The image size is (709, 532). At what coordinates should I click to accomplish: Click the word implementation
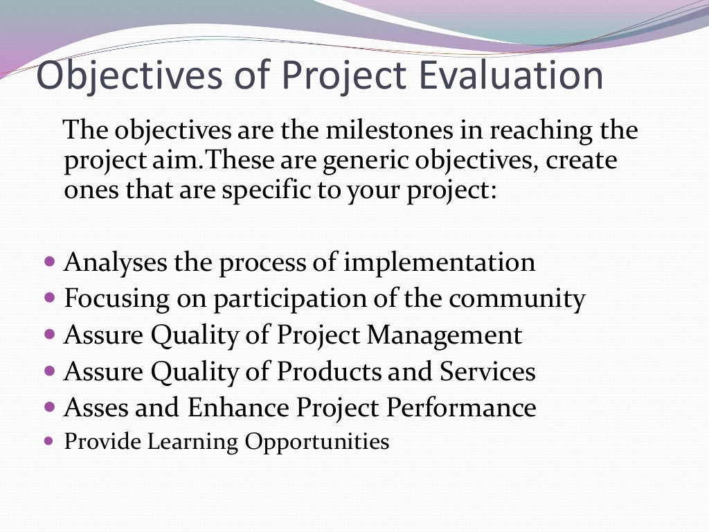point(439,263)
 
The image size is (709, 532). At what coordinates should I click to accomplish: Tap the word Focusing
point(116,300)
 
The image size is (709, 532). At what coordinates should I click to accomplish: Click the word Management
point(445,335)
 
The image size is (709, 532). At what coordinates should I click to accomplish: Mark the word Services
point(487,372)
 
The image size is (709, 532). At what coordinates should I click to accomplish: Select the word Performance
point(460,408)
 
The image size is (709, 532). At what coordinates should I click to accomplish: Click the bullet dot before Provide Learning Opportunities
point(48,440)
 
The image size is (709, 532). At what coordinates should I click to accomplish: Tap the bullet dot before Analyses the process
point(48,263)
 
